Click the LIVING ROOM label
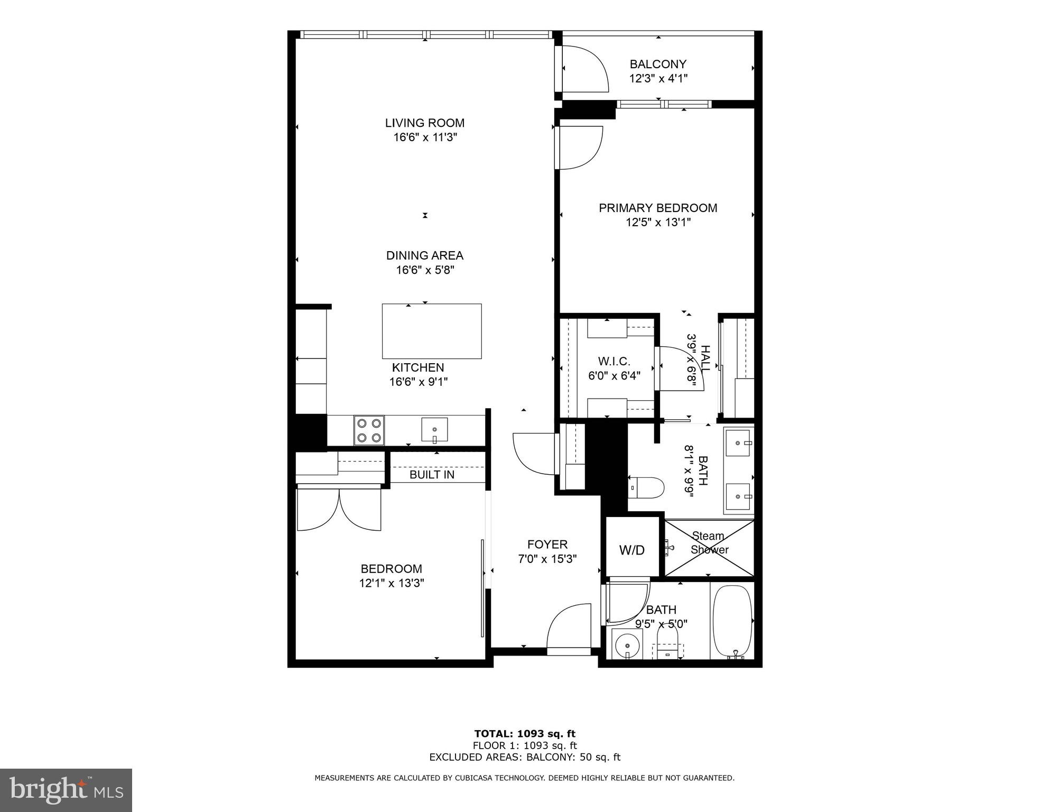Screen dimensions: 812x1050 (424, 123)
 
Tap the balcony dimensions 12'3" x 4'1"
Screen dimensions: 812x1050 (658, 79)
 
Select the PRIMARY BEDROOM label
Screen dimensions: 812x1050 (658, 208)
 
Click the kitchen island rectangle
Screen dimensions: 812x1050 (432, 331)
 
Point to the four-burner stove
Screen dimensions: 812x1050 (369, 430)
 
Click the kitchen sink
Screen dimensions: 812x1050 (434, 429)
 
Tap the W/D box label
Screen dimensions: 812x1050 (632, 550)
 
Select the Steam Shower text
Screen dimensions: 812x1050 (709, 543)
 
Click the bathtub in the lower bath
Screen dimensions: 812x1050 (732, 622)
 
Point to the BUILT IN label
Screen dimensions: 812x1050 (432, 475)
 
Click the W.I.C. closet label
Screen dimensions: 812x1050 (614, 362)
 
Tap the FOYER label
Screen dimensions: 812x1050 (547, 544)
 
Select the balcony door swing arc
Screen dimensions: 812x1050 (584, 69)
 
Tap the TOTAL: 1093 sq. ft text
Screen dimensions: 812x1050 (524, 733)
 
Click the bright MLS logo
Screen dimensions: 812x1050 (66, 790)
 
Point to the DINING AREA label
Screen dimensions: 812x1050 (424, 255)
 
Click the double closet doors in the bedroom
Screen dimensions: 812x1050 (339, 509)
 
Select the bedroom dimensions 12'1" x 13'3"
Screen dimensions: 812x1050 (392, 583)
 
